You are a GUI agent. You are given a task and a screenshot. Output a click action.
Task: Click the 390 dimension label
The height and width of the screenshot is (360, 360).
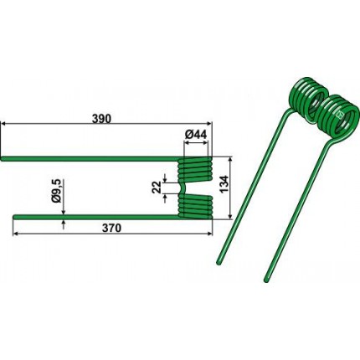tap(101, 119)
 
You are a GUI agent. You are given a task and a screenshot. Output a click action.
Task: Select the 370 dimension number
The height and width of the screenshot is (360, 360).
tap(111, 228)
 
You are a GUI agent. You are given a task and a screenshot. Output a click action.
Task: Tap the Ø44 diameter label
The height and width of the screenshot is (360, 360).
tap(196, 135)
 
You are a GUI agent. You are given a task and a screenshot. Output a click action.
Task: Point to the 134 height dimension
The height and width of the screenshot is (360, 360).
tap(224, 184)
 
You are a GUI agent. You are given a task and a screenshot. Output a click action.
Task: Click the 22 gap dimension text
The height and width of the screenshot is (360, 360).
tap(157, 187)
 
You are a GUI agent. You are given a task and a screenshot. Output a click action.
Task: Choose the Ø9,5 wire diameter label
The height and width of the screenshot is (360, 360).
tap(56, 191)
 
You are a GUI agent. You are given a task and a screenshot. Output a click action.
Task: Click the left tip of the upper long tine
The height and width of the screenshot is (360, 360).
tap(2, 159)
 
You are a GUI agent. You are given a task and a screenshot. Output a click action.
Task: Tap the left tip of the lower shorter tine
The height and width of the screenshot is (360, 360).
tap(15, 217)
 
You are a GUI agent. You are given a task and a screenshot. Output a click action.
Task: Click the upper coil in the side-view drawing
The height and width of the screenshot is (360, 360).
tap(195, 169)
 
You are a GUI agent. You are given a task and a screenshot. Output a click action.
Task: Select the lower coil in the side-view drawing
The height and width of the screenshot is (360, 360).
tap(195, 207)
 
